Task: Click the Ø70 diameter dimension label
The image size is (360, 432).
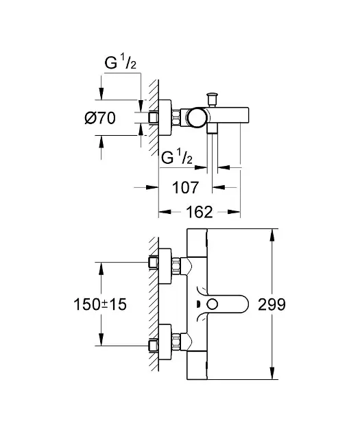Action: tap(100, 119)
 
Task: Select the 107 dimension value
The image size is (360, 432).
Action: tap(185, 188)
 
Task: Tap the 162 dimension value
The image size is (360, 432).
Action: tap(200, 212)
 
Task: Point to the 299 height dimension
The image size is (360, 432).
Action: tap(272, 304)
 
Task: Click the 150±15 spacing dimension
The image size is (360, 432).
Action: tap(100, 304)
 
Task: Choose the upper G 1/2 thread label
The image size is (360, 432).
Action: tap(121, 63)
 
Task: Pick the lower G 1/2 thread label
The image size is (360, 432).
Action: tap(177, 158)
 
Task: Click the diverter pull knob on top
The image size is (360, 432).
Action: tap(212, 99)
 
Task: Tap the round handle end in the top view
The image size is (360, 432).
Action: tap(196, 118)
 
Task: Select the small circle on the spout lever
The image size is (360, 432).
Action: tap(213, 304)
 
